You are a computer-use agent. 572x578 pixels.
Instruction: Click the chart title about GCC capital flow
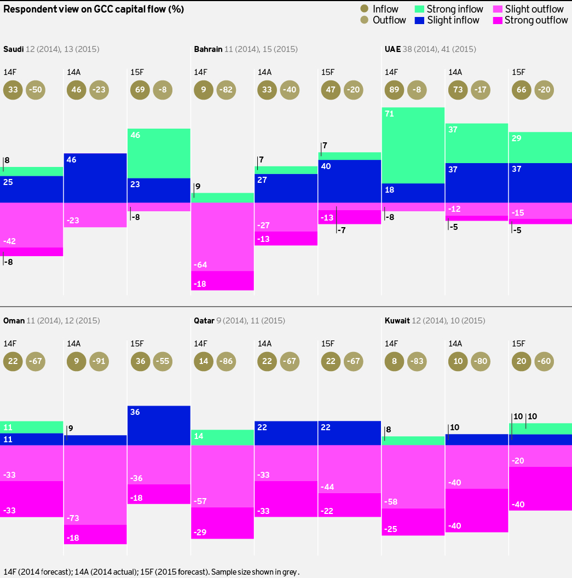coord(94,9)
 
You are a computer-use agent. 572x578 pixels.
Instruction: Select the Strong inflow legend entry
coord(448,9)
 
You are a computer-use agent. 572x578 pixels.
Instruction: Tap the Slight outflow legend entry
coord(528,9)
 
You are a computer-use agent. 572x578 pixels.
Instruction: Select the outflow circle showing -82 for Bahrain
coord(227,90)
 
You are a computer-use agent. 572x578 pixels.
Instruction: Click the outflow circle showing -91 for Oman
coord(100,361)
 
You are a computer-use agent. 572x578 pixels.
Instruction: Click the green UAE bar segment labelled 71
coord(413,145)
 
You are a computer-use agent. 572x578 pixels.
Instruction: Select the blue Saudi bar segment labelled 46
coord(95,178)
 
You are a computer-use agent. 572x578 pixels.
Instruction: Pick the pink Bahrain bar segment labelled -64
coord(222,236)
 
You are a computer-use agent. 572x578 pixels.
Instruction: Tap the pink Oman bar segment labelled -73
coord(95,485)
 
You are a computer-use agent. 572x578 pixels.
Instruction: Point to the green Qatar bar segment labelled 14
coord(222,437)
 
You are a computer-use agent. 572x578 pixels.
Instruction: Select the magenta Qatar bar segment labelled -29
coord(222,523)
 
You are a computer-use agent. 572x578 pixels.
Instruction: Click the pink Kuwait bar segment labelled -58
coord(413,477)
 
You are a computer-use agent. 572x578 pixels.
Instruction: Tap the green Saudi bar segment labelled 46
coord(159,153)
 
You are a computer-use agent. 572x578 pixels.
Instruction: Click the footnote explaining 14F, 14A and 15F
coord(152,571)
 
